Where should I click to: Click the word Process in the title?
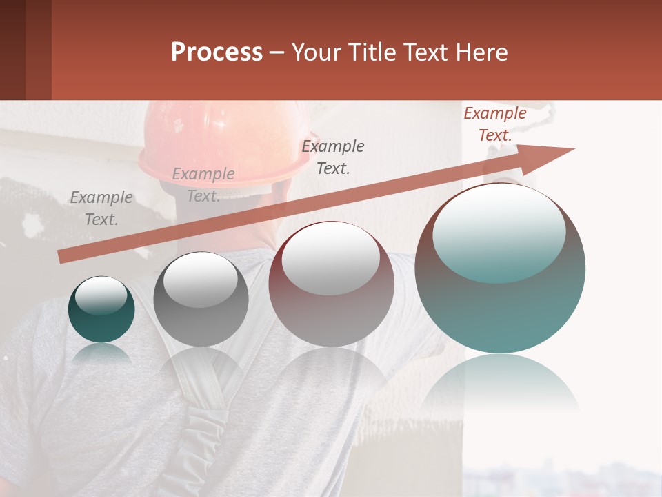[217, 52]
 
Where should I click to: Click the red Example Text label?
[494, 124]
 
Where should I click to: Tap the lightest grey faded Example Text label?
[203, 185]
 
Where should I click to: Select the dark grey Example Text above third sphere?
[333, 157]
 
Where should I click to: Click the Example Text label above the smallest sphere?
[101, 208]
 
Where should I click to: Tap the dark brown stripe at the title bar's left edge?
[12, 50]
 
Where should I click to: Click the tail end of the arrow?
[62, 257]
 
